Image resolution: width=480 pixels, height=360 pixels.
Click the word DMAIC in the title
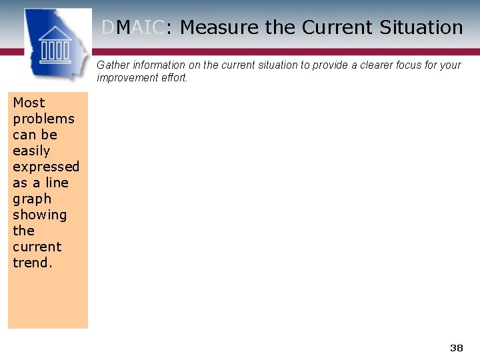(133, 27)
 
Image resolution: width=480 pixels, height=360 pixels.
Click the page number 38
(457, 348)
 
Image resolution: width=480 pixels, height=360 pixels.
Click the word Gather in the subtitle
(113, 65)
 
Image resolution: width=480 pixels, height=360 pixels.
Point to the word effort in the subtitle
(175, 78)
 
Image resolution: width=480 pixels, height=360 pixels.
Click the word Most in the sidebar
(29, 103)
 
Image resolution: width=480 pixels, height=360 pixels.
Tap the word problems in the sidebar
(43, 119)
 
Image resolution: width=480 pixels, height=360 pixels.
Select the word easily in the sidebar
(31, 151)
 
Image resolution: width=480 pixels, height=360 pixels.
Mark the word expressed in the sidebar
(46, 167)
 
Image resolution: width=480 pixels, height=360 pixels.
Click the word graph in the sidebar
(32, 199)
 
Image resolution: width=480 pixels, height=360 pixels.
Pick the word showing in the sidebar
(40, 215)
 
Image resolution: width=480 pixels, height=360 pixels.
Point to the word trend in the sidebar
(31, 263)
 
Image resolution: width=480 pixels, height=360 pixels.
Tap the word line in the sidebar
(57, 183)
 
